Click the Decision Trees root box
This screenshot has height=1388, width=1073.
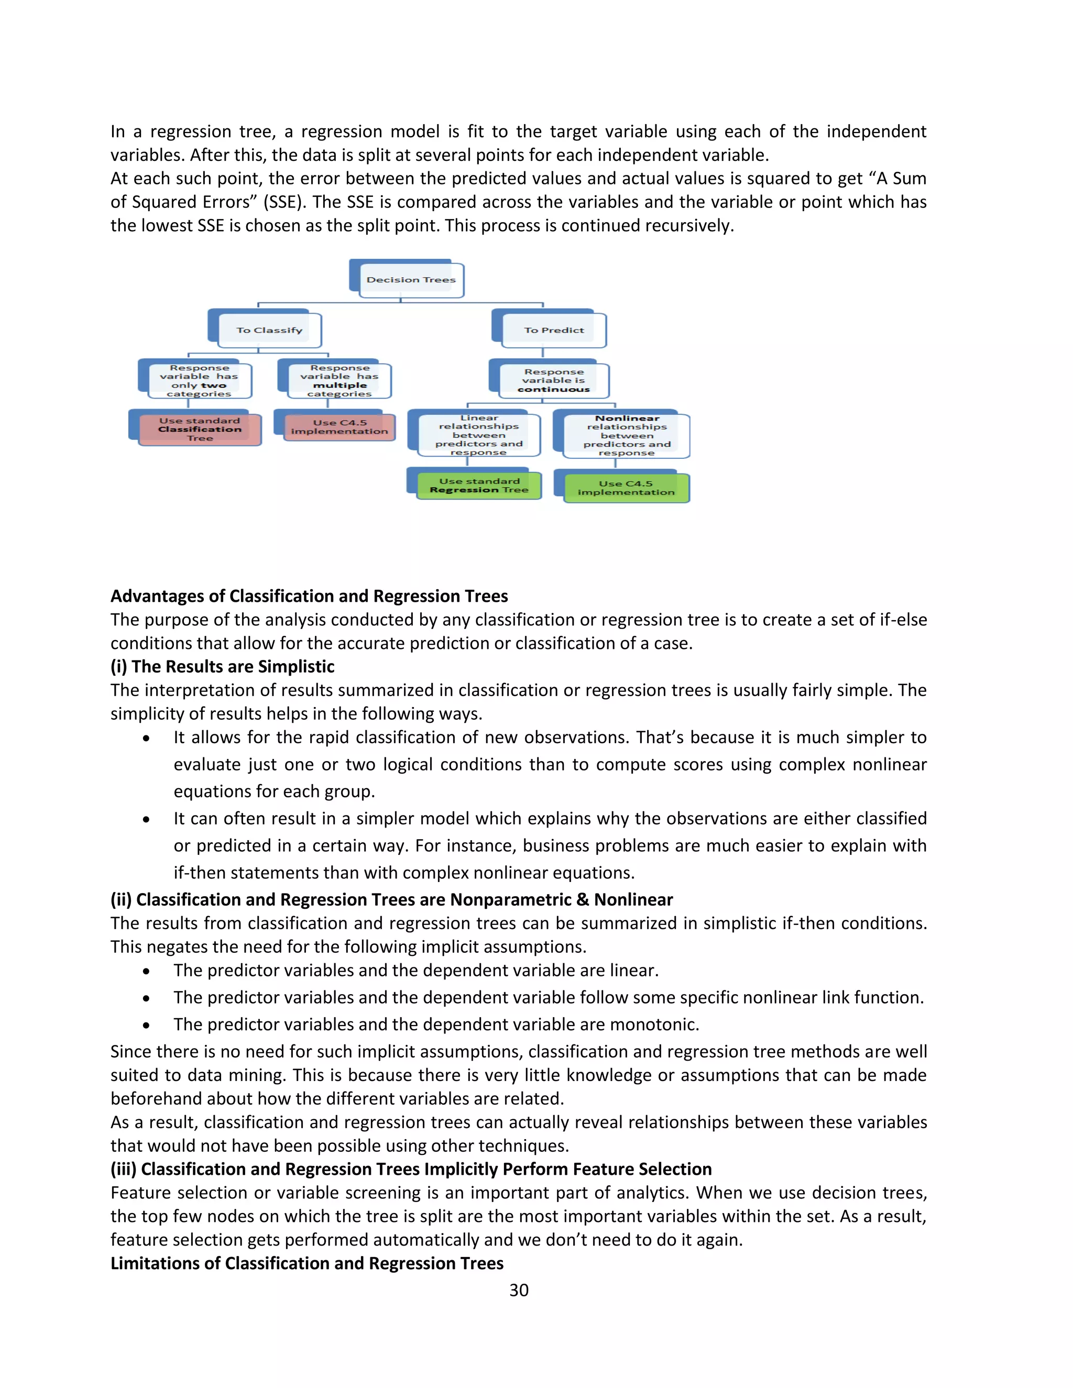coord(410,280)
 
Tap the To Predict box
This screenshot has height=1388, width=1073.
coord(553,330)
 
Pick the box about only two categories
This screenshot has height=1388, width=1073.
coord(199,381)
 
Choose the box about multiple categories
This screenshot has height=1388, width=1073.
coord(339,381)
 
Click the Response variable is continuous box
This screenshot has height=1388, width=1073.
coord(553,381)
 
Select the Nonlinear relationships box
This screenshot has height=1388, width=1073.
coord(626,435)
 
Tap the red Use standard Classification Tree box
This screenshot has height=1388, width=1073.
coord(199,429)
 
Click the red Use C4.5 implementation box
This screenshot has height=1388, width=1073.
coord(339,426)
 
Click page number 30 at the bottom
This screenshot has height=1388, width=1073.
coord(519,1290)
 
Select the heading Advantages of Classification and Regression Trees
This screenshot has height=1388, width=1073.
coord(309,596)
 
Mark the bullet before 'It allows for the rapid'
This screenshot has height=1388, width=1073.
coord(147,739)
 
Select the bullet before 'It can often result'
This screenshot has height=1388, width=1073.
coord(147,820)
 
